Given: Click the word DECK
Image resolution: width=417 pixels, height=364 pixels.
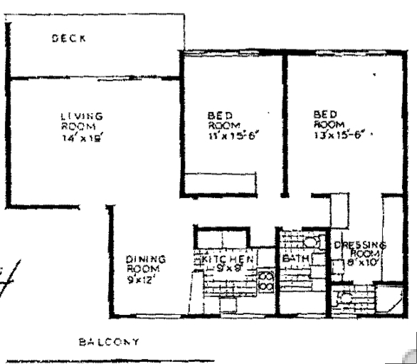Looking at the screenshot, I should [x=68, y=40].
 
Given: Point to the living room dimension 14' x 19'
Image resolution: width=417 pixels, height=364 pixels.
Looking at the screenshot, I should [x=82, y=140].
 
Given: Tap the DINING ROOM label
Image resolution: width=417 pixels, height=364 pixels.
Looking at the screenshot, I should [x=145, y=264].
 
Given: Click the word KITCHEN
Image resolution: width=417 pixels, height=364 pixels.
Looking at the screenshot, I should [x=227, y=260].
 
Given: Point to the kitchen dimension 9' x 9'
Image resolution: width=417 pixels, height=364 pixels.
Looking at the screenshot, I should [x=229, y=269].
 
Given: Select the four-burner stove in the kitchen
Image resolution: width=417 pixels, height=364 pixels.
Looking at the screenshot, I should [x=265, y=280].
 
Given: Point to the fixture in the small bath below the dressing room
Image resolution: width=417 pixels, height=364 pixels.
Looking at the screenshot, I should [x=344, y=293].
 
